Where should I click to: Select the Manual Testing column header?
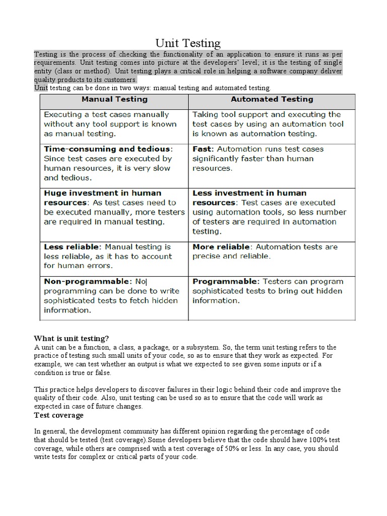114,100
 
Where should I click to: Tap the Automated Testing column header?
272,100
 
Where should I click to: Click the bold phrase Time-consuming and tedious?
108,149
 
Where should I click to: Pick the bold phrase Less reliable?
73,247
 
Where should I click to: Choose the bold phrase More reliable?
221,247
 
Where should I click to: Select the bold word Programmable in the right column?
225,281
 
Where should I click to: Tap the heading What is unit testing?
71,338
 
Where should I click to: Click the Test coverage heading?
59,416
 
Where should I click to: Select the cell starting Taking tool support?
268,124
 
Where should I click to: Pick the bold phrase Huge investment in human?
103,193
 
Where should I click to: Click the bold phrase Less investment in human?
249,193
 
